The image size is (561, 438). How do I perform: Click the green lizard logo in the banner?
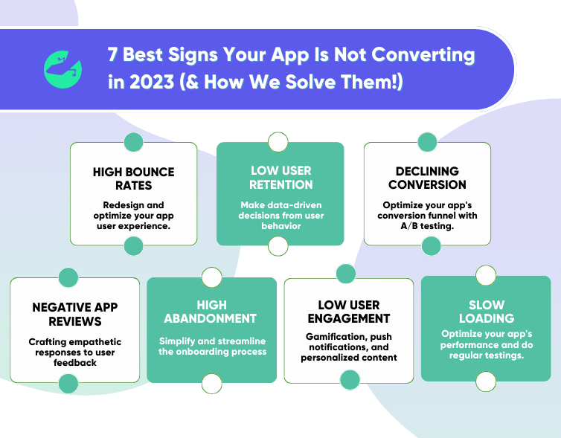[x=62, y=69]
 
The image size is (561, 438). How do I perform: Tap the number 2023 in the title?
[x=151, y=82]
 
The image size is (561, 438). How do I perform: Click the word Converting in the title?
[x=423, y=56]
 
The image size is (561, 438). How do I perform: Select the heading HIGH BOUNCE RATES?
[x=133, y=178]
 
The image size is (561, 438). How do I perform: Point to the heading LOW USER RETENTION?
[x=280, y=178]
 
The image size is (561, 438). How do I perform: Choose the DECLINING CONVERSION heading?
[x=427, y=178]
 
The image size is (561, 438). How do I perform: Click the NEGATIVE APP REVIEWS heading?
[x=75, y=315]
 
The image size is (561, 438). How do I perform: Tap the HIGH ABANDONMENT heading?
[x=211, y=312]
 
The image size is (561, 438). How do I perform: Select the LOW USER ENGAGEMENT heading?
[x=349, y=312]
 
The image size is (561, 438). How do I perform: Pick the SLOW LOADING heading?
[x=487, y=312]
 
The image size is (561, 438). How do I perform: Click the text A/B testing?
[x=427, y=226]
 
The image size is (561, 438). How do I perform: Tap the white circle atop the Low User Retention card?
[x=278, y=142]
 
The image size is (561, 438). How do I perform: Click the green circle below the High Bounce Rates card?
[x=133, y=246]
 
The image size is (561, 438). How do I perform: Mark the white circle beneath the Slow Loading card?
[x=486, y=381]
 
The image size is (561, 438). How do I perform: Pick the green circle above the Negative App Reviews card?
[x=68, y=277]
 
